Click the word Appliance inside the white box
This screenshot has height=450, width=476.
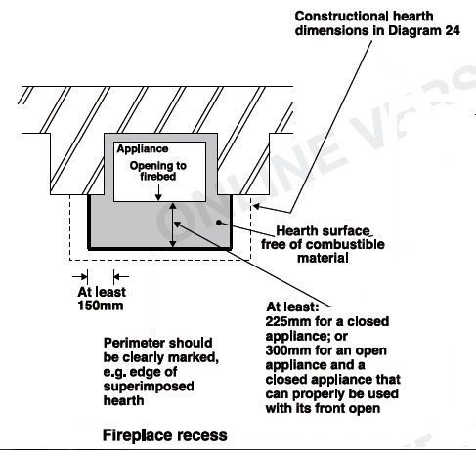[x=143, y=149]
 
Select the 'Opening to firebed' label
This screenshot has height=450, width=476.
[x=158, y=171]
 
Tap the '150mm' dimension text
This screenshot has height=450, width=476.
[x=101, y=306]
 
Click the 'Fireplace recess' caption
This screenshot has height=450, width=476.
[x=165, y=435]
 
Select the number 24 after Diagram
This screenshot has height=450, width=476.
[x=452, y=30]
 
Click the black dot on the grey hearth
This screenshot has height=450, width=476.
[x=219, y=223]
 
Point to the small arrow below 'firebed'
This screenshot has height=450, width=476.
[x=158, y=192]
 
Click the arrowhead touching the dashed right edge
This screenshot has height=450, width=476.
[x=257, y=206]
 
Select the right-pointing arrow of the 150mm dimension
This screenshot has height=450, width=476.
[x=80, y=277]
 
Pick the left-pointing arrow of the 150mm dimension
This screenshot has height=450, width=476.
[x=121, y=277]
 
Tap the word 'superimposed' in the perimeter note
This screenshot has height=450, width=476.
[x=149, y=387]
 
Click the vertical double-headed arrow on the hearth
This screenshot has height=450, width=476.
[x=173, y=225]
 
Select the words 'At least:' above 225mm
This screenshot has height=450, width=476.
[x=292, y=307]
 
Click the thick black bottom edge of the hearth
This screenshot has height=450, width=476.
[x=159, y=249]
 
